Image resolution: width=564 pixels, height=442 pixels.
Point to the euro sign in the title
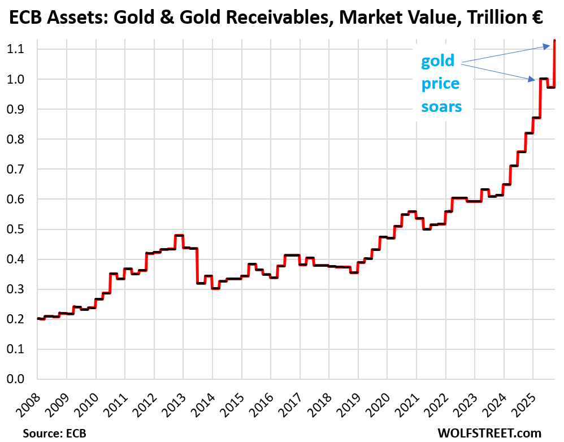point(536,19)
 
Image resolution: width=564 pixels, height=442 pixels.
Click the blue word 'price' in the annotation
point(440,84)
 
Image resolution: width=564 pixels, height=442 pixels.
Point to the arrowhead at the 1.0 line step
point(533,80)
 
